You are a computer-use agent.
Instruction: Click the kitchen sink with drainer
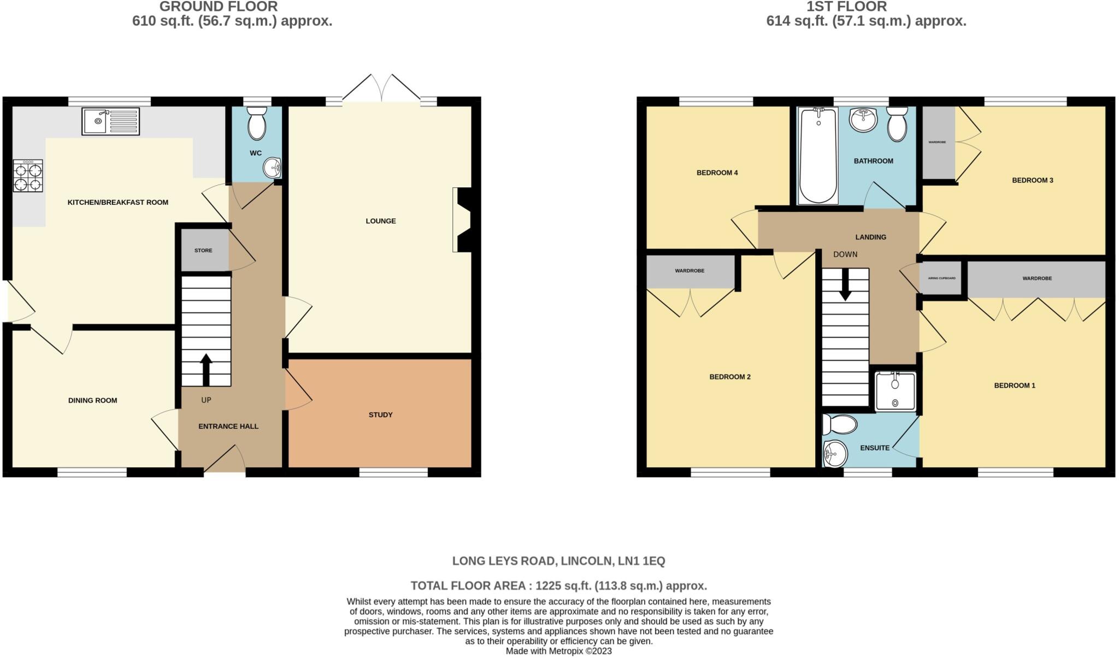[110, 121]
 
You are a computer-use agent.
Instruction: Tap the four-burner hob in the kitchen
[28, 176]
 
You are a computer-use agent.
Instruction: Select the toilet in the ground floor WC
[256, 124]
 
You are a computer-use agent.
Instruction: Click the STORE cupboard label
[203, 251]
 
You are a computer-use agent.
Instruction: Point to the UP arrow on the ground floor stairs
[206, 369]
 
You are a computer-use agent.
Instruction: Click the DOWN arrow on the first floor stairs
[845, 284]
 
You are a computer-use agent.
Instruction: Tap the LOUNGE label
[381, 221]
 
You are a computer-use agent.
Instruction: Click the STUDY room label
[380, 415]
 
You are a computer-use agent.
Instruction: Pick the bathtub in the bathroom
[818, 155]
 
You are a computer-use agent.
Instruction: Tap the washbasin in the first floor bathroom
[864, 120]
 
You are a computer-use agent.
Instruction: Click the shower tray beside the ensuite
[895, 391]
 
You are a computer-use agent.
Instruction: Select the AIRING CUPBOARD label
[941, 278]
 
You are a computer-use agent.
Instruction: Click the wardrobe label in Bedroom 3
[937, 143]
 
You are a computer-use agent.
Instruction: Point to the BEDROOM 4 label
[717, 173]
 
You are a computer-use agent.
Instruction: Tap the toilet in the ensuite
[840, 424]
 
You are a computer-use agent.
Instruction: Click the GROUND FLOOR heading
[219, 7]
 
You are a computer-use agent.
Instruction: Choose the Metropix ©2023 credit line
[558, 651]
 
